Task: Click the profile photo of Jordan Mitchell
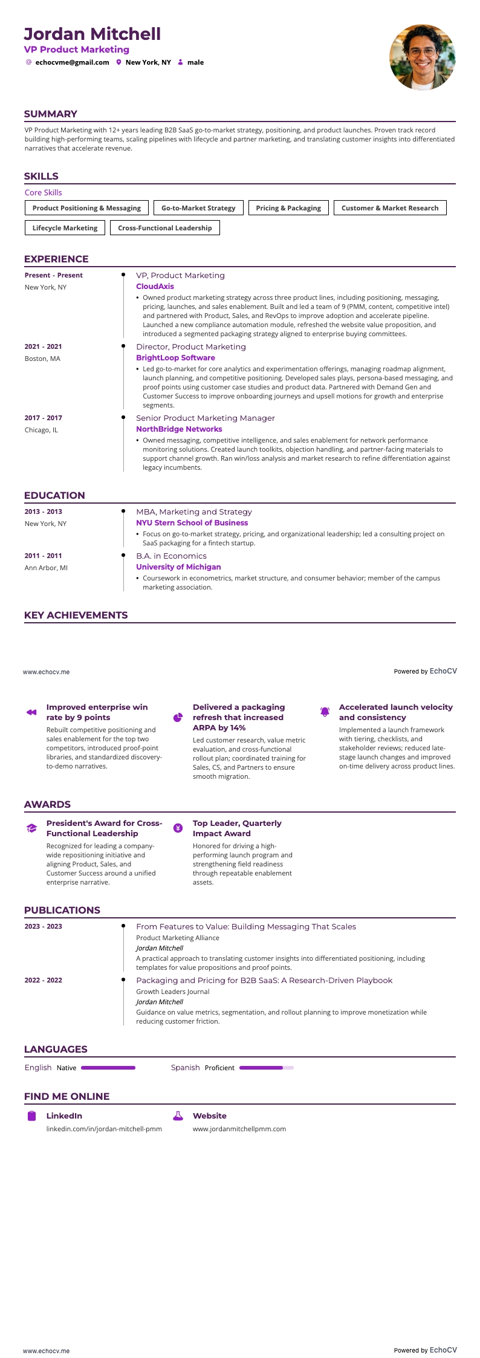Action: [422, 57]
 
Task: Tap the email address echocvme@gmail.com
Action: [72, 62]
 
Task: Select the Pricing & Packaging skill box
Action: [288, 208]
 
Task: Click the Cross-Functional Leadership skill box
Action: [165, 228]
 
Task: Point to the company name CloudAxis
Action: [155, 287]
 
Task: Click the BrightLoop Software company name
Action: [175, 358]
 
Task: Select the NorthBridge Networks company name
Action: [179, 429]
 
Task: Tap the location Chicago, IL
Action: [41, 430]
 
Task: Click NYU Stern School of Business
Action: [192, 523]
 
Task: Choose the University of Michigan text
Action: [178, 567]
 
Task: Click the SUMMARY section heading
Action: [51, 114]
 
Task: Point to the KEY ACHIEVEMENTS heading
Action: [76, 616]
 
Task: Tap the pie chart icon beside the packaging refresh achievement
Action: [178, 717]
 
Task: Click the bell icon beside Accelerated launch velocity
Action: [325, 712]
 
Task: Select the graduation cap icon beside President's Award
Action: [31, 828]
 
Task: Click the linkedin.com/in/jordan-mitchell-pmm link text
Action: [104, 1129]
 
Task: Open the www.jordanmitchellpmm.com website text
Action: [239, 1129]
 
